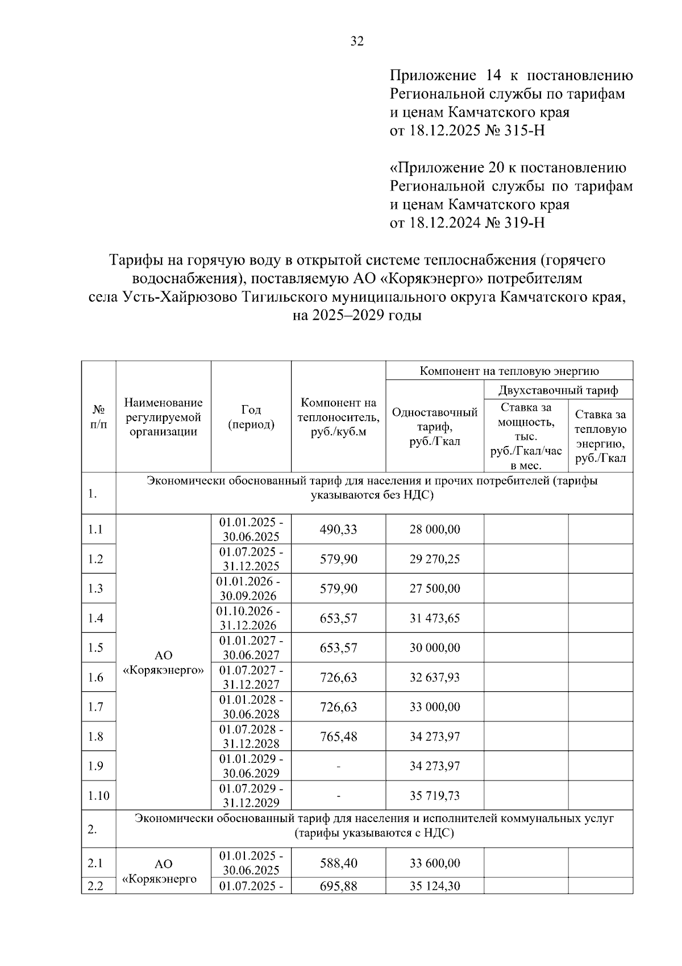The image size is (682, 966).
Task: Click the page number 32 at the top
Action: click(357, 41)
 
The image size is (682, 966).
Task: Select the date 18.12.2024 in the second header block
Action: click(443, 222)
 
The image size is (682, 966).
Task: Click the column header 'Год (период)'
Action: click(251, 417)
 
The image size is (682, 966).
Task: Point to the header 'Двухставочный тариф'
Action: click(558, 390)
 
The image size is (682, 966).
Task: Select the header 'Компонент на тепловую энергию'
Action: click(509, 371)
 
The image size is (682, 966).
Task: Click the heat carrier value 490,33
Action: click(338, 530)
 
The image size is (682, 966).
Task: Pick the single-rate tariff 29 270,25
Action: click(435, 559)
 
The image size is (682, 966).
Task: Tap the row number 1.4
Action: click(95, 618)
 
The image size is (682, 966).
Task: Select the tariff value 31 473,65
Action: click(435, 618)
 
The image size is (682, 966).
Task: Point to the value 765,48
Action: click(338, 737)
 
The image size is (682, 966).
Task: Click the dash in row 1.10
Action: click(338, 796)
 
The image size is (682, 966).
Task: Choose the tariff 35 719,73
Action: click(435, 796)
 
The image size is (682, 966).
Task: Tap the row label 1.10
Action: click(98, 796)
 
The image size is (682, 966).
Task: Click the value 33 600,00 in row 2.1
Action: click(435, 864)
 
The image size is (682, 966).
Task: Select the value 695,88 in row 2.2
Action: click(338, 886)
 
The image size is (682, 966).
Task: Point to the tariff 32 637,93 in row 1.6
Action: click(435, 678)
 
